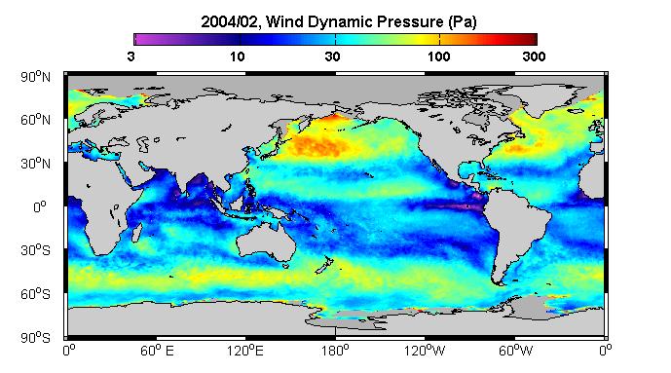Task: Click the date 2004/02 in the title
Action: [229, 21]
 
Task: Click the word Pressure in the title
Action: [412, 21]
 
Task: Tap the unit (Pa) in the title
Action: [463, 21]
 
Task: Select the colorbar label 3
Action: [130, 56]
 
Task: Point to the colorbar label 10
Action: [238, 56]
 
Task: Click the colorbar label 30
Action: [332, 56]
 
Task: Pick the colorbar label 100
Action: [438, 56]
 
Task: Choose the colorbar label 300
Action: [534, 56]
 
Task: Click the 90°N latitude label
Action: [35, 77]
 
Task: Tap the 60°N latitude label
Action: [35, 120]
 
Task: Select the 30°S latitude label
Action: [35, 250]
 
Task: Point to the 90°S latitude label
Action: [35, 338]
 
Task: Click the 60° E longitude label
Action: [158, 351]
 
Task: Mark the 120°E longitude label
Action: [245, 351]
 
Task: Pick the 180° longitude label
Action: [335, 351]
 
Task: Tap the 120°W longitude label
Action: [425, 351]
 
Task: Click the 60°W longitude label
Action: [515, 351]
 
